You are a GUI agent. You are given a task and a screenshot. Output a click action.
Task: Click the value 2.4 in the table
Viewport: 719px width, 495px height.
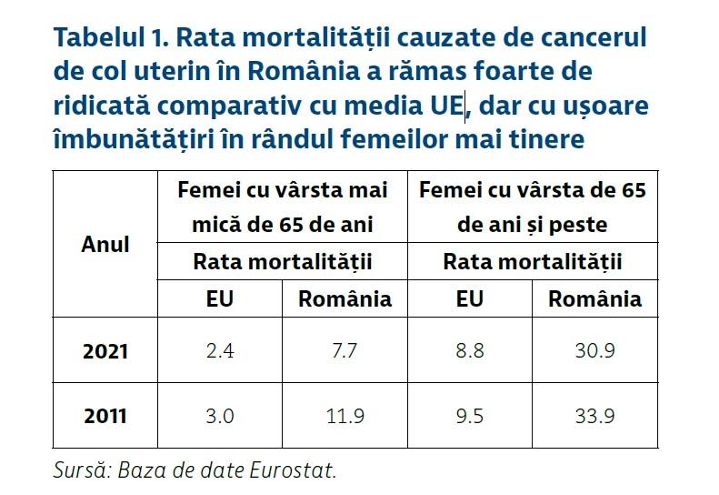point(220,351)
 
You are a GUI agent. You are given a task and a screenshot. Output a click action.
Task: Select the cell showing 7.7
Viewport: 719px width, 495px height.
point(345,351)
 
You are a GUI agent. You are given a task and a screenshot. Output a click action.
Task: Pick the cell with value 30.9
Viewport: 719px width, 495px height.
point(594,351)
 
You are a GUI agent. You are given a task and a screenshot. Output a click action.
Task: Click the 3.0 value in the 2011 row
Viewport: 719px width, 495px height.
point(220,417)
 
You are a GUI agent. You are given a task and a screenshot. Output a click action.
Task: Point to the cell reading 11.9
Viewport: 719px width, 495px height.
point(345,417)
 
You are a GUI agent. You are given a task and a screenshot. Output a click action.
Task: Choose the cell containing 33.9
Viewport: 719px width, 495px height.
point(594,417)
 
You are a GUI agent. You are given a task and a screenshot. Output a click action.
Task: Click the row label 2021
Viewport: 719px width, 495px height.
point(105,351)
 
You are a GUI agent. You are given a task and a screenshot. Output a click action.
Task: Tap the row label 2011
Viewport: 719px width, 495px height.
point(105,417)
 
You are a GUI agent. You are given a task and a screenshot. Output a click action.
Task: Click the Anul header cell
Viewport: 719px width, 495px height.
point(105,244)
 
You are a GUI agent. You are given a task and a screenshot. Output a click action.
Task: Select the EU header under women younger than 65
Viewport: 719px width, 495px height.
point(220,298)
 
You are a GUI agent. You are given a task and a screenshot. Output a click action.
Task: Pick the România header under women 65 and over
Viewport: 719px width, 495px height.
point(594,298)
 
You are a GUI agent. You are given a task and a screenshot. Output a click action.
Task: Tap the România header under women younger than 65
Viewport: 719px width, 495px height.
point(345,298)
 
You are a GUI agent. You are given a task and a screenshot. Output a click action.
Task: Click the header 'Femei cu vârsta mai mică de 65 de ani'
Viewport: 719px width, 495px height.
point(283,207)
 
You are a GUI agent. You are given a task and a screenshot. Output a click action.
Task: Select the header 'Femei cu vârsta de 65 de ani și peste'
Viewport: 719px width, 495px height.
point(532,207)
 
